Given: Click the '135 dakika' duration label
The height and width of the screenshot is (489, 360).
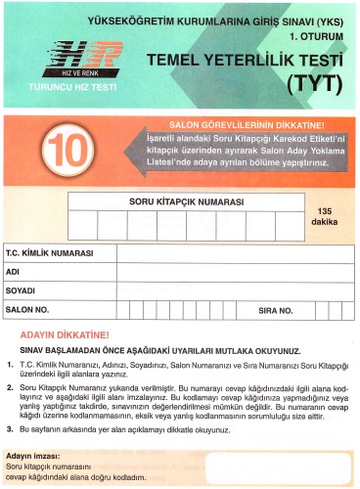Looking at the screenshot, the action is [325, 216].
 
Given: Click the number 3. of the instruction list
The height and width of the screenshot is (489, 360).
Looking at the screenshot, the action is [9, 428].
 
